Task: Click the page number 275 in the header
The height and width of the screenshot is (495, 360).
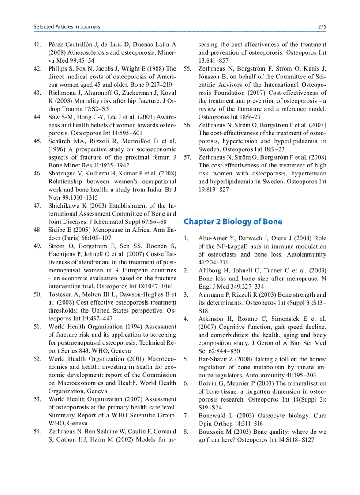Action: (322, 26)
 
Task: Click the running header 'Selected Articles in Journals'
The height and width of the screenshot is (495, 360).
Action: (67, 26)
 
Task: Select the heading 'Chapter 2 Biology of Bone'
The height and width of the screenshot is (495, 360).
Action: (233, 221)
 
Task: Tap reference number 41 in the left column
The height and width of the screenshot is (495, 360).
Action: (37, 45)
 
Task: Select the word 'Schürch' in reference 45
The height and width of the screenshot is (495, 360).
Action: (60, 141)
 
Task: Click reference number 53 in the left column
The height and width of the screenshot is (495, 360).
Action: (37, 399)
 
